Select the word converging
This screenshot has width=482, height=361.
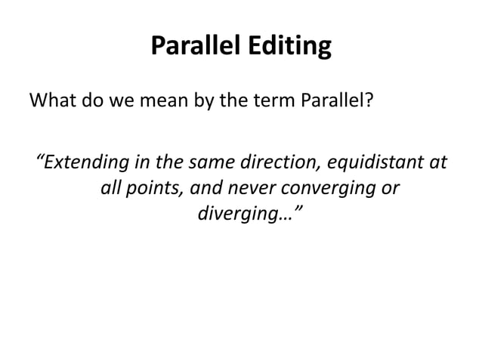[328, 189]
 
